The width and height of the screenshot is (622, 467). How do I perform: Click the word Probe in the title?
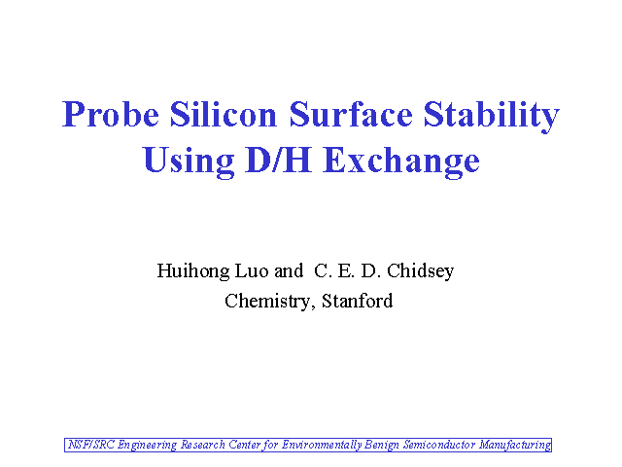[x=111, y=115]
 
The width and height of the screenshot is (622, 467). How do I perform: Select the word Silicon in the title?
[x=224, y=115]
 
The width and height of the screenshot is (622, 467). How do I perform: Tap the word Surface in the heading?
[x=351, y=115]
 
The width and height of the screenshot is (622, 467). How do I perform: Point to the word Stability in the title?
[x=492, y=116]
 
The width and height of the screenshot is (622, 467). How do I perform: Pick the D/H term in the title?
[x=278, y=160]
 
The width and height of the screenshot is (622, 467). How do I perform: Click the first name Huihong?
[x=193, y=271]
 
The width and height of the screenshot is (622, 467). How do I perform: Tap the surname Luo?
[x=252, y=270]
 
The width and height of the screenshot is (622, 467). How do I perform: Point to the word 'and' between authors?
[x=289, y=270]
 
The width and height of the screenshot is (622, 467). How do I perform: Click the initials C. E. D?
[x=348, y=270]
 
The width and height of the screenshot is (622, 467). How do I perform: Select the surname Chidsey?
[x=420, y=271]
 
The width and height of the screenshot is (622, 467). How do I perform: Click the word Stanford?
[x=357, y=301]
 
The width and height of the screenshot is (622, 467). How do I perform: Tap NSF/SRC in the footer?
[x=90, y=445]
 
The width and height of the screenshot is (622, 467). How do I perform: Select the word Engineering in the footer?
[x=147, y=446]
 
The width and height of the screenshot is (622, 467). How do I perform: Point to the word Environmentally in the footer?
[x=322, y=446]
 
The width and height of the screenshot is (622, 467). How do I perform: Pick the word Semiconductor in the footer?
[x=439, y=445]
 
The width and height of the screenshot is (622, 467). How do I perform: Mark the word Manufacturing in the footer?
[x=515, y=446]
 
